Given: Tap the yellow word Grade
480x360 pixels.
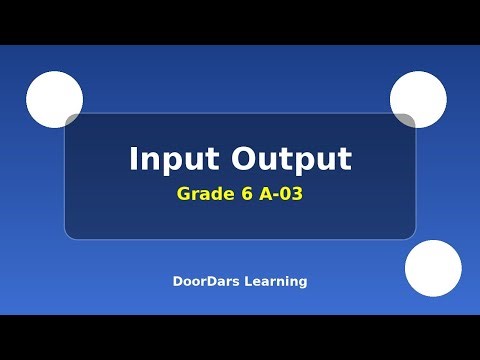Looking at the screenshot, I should pyautogui.click(x=203, y=193).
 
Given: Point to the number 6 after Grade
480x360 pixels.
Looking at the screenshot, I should pyautogui.click(x=244, y=193).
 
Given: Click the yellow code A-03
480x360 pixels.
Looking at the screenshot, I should pyautogui.click(x=280, y=193).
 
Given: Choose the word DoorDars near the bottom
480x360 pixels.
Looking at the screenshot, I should pyautogui.click(x=203, y=282).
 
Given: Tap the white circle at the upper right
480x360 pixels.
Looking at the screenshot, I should pyautogui.click(x=418, y=99).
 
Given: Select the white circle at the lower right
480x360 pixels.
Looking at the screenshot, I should pyautogui.click(x=433, y=268).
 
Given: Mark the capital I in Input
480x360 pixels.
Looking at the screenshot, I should pyautogui.click(x=134, y=160).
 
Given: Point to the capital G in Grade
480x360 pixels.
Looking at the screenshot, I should pyautogui.click(x=184, y=193).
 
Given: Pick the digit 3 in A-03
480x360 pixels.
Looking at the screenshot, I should pyautogui.click(x=296, y=193).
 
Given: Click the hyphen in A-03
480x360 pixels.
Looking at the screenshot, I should pyautogui.click(x=273, y=195).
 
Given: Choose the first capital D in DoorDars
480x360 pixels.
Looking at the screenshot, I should pyautogui.click(x=177, y=282).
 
